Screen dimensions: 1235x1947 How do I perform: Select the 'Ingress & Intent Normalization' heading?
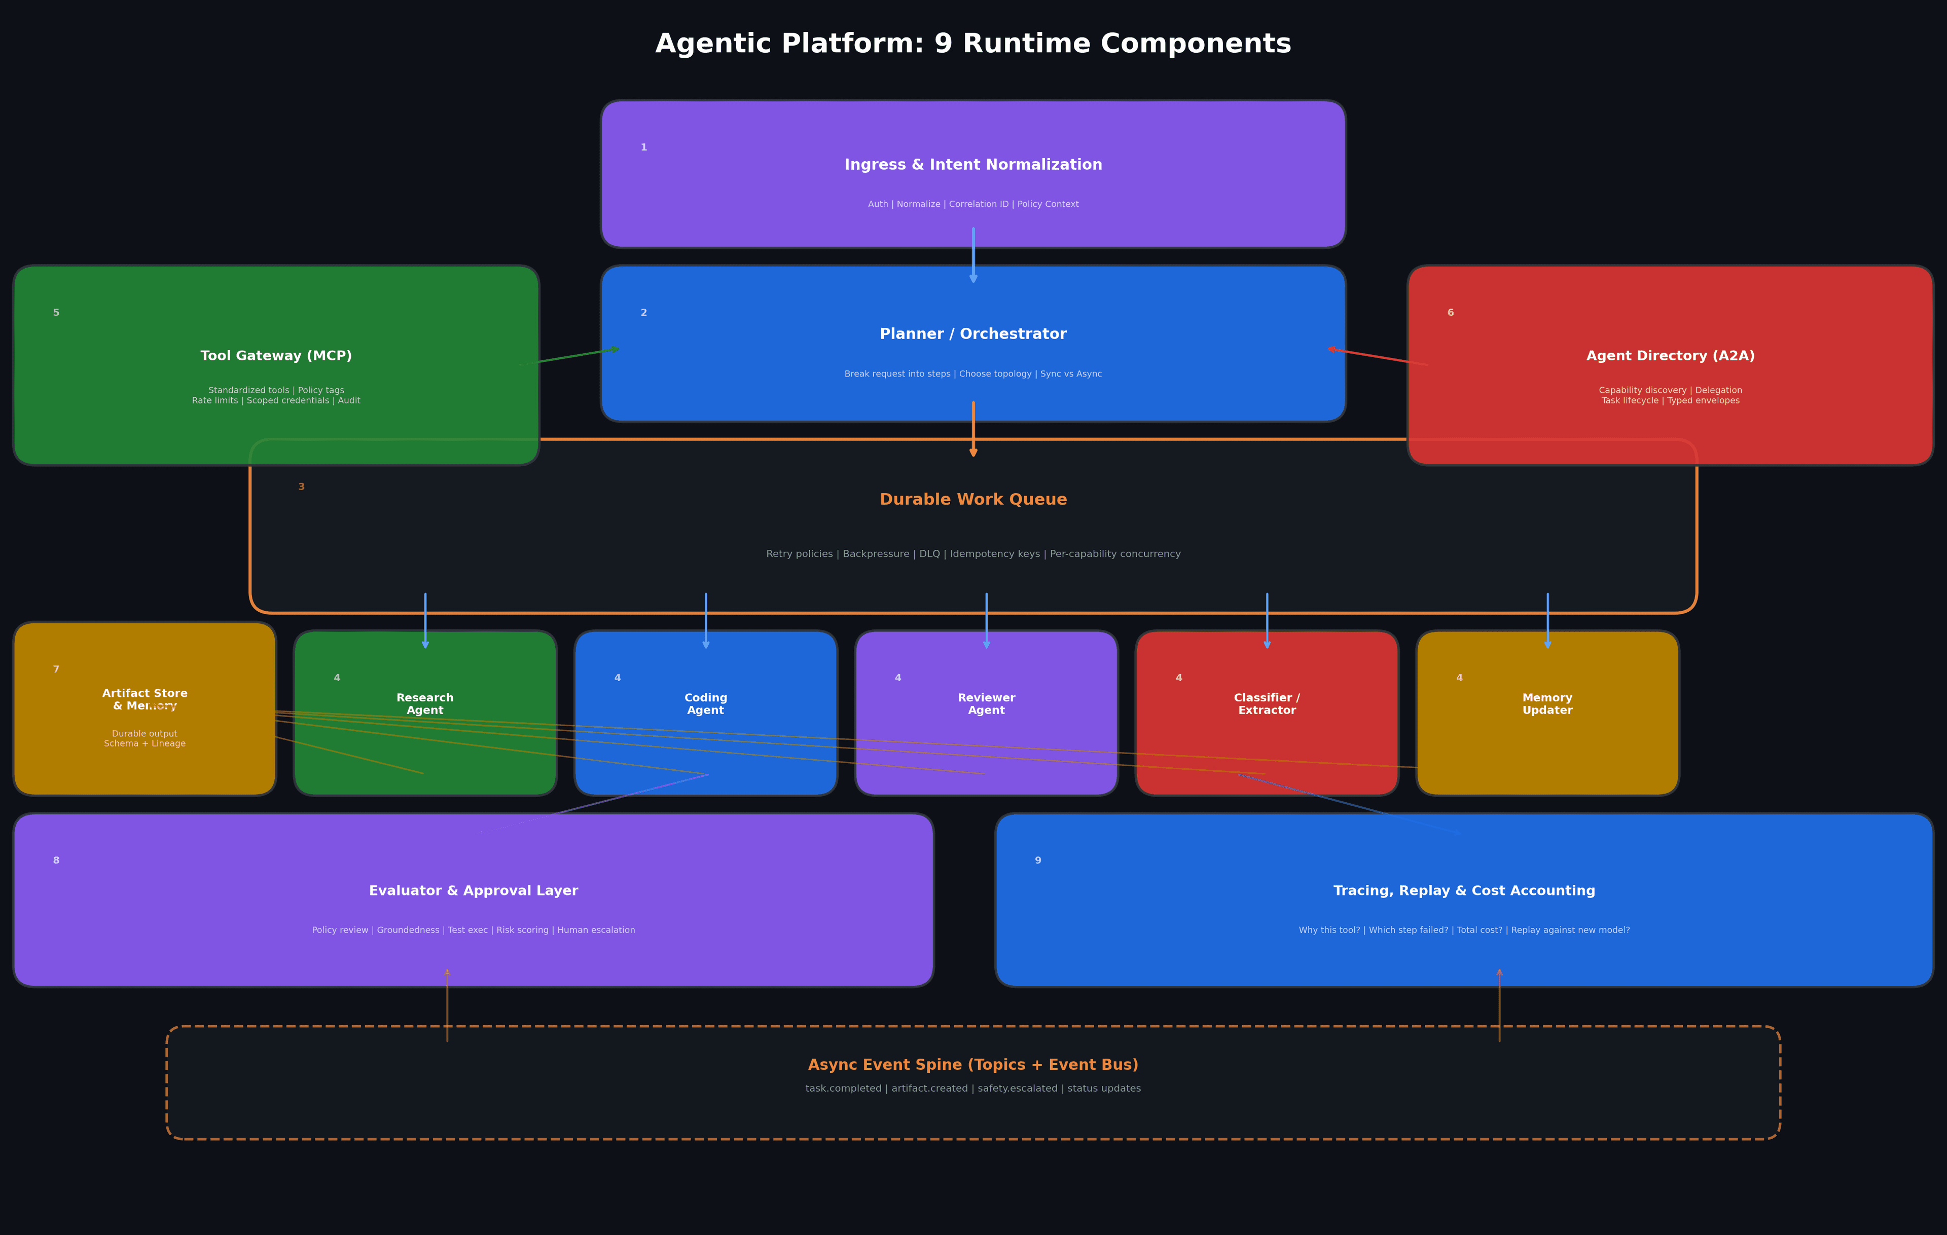pyautogui.click(x=972, y=165)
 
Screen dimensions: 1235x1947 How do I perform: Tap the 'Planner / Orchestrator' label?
pyautogui.click(x=972, y=334)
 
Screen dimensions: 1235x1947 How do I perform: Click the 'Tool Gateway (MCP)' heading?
pyautogui.click(x=276, y=356)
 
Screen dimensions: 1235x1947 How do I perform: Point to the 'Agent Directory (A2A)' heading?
pyautogui.click(x=1670, y=356)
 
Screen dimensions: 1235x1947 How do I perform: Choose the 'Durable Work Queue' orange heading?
pyautogui.click(x=972, y=500)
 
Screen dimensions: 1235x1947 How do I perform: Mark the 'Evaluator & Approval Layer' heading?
pyautogui.click(x=473, y=891)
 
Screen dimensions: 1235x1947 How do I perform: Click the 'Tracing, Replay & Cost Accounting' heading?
pyautogui.click(x=1463, y=891)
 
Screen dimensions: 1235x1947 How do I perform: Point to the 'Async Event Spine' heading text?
pyautogui.click(x=972, y=1065)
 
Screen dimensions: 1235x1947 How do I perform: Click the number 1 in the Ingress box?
pyautogui.click(x=643, y=148)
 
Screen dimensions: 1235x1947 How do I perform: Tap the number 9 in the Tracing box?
pyautogui.click(x=1037, y=861)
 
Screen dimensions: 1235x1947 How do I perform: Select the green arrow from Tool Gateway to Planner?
pyautogui.click(x=570, y=356)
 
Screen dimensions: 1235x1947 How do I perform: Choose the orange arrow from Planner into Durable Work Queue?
pyautogui.click(x=972, y=429)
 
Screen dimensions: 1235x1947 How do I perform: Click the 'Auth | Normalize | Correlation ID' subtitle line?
pyautogui.click(x=972, y=205)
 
